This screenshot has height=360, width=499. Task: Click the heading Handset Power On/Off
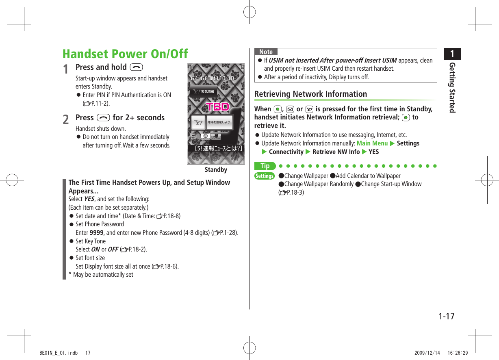[125, 54]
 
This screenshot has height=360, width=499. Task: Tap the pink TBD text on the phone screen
[218, 107]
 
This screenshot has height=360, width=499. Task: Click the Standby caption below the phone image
[216, 170]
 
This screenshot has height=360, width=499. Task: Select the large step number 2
[66, 119]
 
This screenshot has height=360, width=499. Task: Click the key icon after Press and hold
[134, 67]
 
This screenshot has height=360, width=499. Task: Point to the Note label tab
[266, 52]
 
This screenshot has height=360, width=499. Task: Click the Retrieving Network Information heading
[310, 94]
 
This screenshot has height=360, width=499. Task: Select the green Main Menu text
[372, 143]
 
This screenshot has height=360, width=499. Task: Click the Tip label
[265, 166]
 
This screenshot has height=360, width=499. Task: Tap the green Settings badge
[265, 176]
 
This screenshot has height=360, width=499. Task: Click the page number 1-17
[446, 316]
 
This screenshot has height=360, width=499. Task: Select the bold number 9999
[96, 233]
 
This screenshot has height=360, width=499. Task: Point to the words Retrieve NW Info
[336, 152]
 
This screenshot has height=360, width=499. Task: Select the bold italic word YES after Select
[89, 199]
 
